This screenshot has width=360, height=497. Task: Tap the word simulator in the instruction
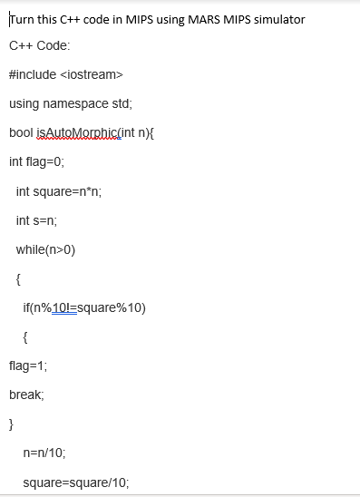pyautogui.click(x=277, y=19)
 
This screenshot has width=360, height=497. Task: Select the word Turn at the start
pyautogui.click(x=20, y=19)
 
